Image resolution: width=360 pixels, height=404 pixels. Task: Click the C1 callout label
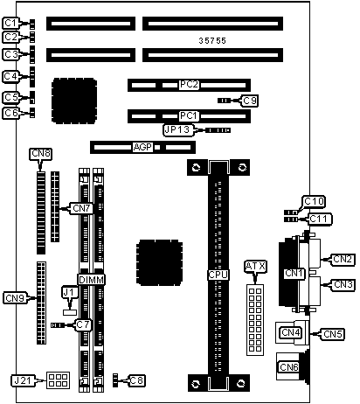[x=11, y=23]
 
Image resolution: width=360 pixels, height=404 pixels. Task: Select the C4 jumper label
[x=11, y=76]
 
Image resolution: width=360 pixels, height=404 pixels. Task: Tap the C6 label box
[x=11, y=113]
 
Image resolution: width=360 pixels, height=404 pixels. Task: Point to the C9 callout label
[x=250, y=101]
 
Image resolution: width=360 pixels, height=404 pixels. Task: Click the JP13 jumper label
[x=177, y=130]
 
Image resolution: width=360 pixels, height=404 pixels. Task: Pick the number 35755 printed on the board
[x=212, y=41]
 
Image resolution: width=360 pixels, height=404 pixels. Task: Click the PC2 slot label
[x=189, y=85]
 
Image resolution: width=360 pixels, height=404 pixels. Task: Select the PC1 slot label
[x=189, y=116]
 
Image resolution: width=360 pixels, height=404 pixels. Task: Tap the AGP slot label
[x=142, y=147]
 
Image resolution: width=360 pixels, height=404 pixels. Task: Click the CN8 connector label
[x=41, y=154]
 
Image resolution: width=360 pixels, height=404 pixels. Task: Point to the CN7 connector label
[x=81, y=208]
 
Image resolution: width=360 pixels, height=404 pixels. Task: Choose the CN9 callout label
[x=15, y=298]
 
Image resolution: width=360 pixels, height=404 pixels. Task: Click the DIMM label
[x=92, y=280]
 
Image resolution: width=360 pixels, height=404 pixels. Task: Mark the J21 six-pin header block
[x=58, y=380]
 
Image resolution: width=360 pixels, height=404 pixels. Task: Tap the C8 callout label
[x=136, y=380]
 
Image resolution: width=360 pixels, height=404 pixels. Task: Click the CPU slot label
[x=218, y=275]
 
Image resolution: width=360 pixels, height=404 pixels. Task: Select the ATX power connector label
[x=255, y=267]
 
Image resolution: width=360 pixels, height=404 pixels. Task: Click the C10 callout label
[x=314, y=201]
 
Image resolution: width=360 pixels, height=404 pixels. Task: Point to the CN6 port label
[x=288, y=367]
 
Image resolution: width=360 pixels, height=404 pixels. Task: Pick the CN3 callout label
[x=343, y=284]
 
